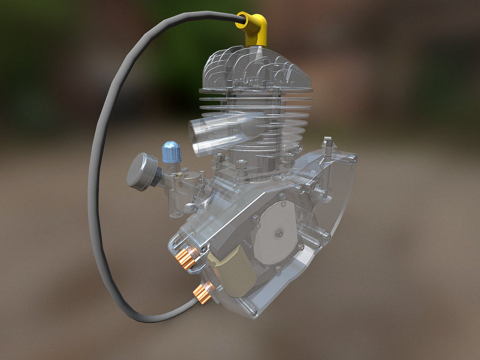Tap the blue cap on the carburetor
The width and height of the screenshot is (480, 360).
pos(171,153)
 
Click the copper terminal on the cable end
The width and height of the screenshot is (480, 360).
pos(203,292)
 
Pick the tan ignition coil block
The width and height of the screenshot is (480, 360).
pos(231,268)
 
